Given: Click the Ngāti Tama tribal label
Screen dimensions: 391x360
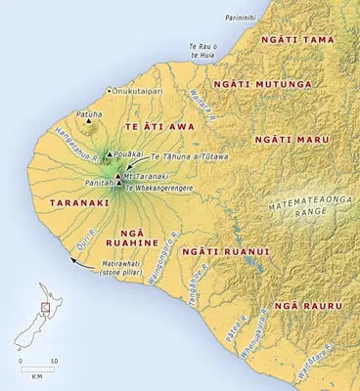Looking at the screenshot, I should point(297,39).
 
